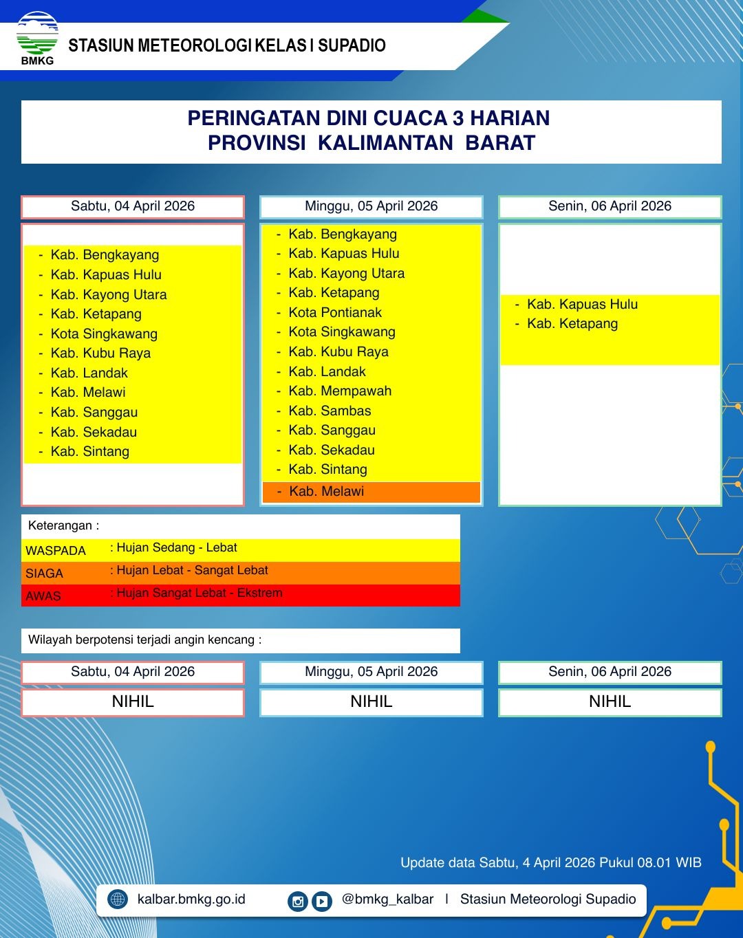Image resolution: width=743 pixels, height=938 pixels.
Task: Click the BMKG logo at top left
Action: pyautogui.click(x=37, y=37)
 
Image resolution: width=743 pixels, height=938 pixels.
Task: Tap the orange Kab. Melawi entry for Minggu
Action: pyautogui.click(x=326, y=492)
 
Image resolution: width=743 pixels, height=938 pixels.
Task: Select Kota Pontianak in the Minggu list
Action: pyautogui.click(x=335, y=312)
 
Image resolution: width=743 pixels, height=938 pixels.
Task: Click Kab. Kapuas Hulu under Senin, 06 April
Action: pyautogui.click(x=582, y=304)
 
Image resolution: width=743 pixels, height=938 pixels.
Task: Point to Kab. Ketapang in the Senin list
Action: pyautogui.click(x=572, y=324)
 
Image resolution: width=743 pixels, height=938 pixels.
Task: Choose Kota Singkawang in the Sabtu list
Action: pyautogui.click(x=104, y=334)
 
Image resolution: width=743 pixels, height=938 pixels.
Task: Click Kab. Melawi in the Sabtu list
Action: pyautogui.click(x=88, y=393)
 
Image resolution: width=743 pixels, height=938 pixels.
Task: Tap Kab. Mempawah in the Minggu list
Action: pyautogui.click(x=340, y=391)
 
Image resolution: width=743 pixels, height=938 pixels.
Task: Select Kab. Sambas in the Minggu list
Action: pyautogui.click(x=330, y=411)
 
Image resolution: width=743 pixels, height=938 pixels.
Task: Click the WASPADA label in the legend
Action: pyautogui.click(x=56, y=551)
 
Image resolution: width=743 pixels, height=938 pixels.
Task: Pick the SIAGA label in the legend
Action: pyautogui.click(x=44, y=574)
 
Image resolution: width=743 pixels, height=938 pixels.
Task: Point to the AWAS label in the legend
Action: pyautogui.click(x=43, y=596)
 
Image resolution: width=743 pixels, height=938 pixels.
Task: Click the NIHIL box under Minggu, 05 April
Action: pyautogui.click(x=371, y=702)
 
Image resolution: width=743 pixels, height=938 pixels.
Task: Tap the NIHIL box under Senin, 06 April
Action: pyautogui.click(x=610, y=702)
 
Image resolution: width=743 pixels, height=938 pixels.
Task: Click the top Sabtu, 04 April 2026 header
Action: pyautogui.click(x=133, y=206)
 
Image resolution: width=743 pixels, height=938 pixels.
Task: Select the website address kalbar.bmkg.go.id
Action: pyautogui.click(x=191, y=899)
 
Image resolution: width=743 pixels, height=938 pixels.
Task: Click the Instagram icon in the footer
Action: pyautogui.click(x=297, y=901)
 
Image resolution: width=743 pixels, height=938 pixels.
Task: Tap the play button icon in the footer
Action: pyautogui.click(x=322, y=901)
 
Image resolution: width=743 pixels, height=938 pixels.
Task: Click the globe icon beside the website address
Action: pyautogui.click(x=118, y=899)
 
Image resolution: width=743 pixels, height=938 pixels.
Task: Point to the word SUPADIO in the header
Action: pyautogui.click(x=352, y=46)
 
